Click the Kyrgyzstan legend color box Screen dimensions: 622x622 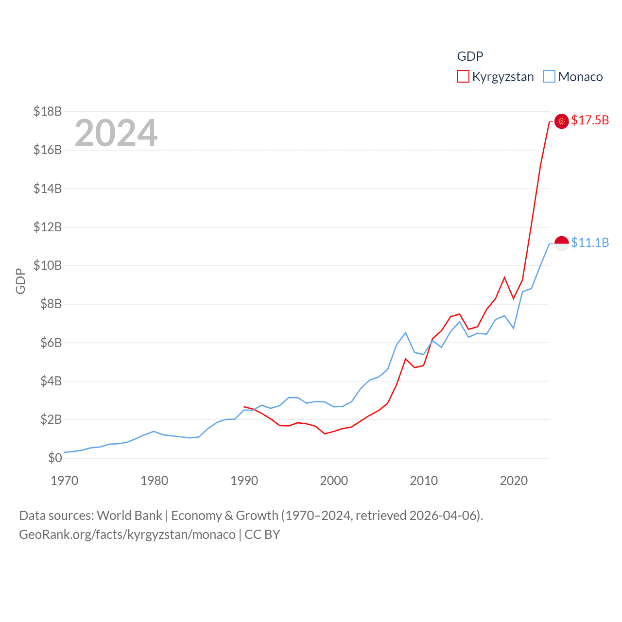click(x=463, y=77)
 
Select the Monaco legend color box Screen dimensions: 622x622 click(x=549, y=77)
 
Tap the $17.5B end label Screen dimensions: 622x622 click(x=590, y=120)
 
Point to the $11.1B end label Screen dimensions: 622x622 click(x=590, y=242)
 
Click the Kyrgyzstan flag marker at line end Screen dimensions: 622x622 click(x=562, y=121)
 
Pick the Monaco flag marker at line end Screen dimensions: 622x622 click(x=562, y=243)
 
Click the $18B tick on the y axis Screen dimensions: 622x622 click(x=48, y=111)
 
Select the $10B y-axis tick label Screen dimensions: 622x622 click(x=48, y=265)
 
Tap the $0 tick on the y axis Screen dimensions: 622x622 click(x=55, y=458)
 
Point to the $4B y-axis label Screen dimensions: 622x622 click(x=51, y=381)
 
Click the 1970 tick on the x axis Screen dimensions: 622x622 click(x=65, y=481)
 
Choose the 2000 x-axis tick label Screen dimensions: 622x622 click(x=334, y=481)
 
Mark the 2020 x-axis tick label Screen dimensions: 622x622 click(x=514, y=481)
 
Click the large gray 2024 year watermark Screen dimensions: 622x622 click(x=116, y=133)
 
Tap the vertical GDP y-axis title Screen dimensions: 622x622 click(x=20, y=281)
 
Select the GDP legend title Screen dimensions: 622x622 click(x=470, y=56)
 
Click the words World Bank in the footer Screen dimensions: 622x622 click(x=129, y=515)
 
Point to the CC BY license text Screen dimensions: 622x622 click(x=262, y=535)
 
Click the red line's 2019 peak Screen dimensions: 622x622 click(x=504, y=277)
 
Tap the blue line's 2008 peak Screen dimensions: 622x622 click(x=406, y=333)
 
